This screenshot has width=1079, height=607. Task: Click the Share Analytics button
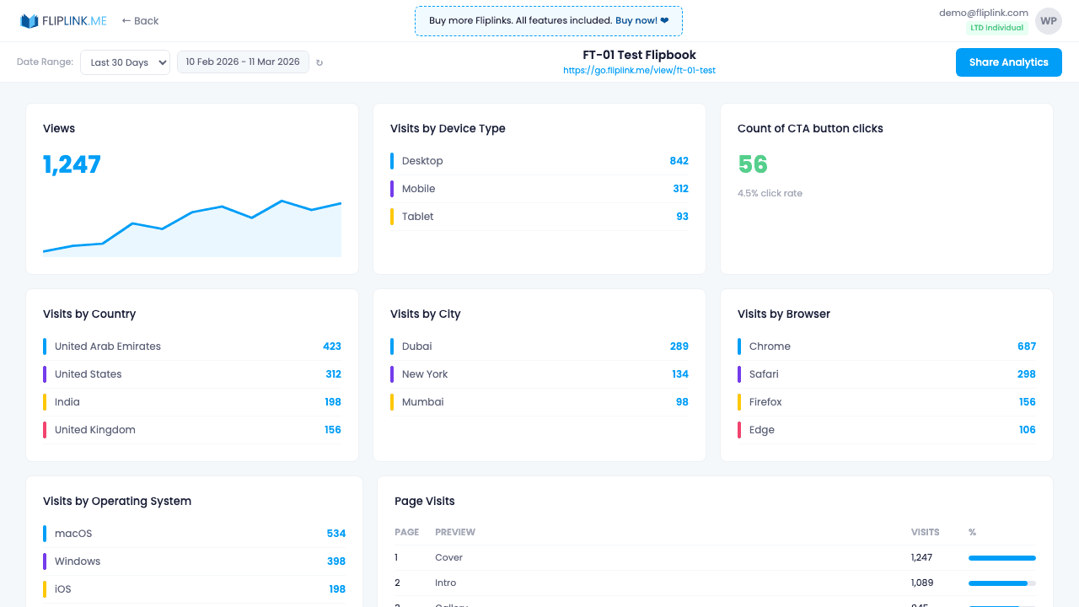click(1008, 62)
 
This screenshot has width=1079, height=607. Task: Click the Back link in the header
click(140, 21)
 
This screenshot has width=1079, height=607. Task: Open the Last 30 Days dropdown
click(125, 62)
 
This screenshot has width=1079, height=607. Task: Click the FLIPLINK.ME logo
click(64, 21)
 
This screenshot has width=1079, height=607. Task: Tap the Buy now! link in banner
click(641, 20)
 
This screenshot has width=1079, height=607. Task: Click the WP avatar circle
click(1048, 21)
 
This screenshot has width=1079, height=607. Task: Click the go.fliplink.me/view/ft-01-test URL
click(639, 71)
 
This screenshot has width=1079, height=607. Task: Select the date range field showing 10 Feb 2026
click(243, 62)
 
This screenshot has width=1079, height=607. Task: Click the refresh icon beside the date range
click(319, 62)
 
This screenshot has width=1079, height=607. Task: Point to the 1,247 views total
click(72, 164)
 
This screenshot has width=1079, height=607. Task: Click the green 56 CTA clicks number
click(752, 164)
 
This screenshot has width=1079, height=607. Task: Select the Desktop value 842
click(679, 161)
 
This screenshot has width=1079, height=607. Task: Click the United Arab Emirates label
click(107, 346)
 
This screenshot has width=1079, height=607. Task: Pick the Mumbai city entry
click(422, 402)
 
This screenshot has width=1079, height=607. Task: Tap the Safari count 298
click(1026, 374)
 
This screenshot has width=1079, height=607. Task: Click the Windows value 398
click(336, 561)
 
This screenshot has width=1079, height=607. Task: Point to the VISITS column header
click(925, 533)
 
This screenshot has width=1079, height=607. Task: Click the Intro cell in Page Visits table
click(445, 583)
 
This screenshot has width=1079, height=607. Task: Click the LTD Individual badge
click(996, 28)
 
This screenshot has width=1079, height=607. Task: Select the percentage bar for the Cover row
click(1001, 558)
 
